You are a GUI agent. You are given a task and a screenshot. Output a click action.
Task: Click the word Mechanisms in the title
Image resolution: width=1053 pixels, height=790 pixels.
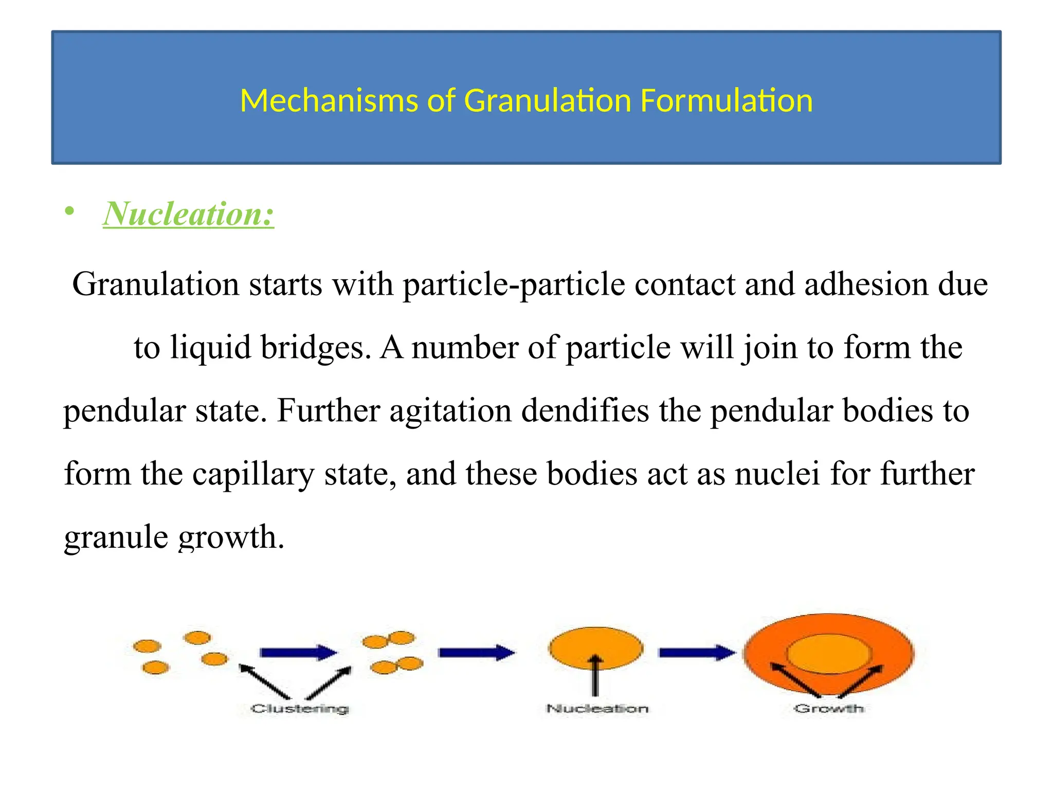point(329,100)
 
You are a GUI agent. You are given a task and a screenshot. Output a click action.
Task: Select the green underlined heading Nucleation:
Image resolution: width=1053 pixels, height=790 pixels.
point(188,213)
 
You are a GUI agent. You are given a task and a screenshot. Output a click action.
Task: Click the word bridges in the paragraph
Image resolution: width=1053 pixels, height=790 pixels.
point(315,347)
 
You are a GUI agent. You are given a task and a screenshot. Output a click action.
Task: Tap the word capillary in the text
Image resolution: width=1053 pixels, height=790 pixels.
point(253,474)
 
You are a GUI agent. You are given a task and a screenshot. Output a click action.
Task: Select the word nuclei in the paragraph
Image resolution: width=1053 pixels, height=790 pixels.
point(777,474)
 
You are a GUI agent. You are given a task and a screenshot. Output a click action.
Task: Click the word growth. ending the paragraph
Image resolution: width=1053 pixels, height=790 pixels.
point(231,537)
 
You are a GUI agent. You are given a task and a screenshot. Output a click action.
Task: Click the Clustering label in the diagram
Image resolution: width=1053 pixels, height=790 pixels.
point(300,709)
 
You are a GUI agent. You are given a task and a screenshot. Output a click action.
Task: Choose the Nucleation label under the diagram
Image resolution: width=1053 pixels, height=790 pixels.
point(597,709)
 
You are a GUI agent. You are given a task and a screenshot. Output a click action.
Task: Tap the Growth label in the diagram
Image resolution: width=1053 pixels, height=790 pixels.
point(829,709)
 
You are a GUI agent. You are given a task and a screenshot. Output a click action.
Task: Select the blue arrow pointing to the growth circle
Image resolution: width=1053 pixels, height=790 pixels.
point(697,653)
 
